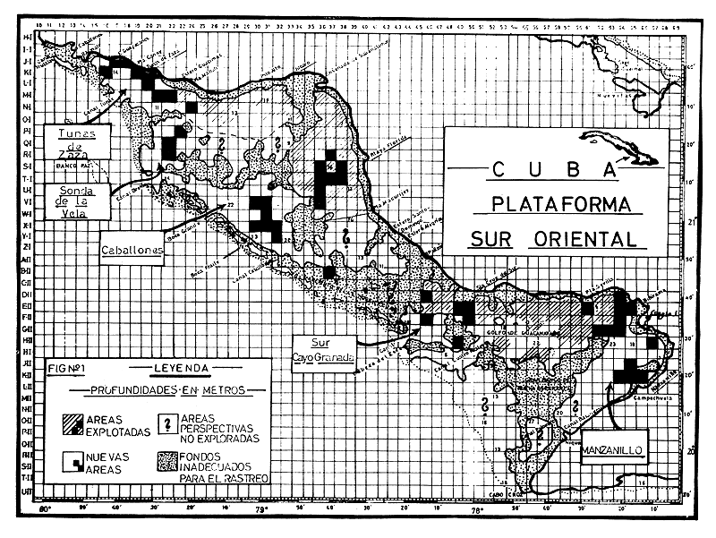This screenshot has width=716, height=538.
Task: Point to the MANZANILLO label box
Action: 617,440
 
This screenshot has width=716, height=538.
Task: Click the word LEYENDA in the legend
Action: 179,367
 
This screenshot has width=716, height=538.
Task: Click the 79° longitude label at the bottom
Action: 260,512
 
